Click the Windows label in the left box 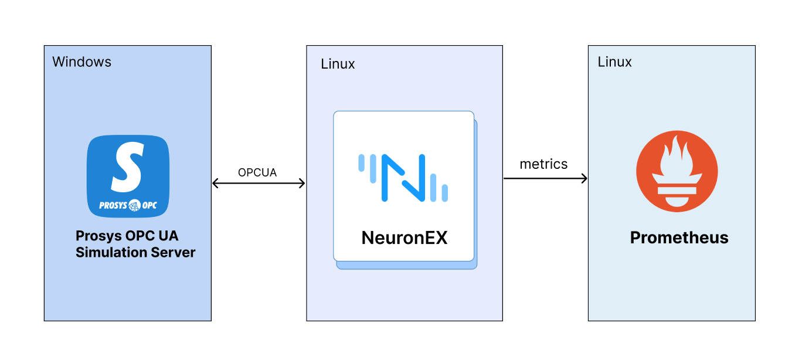click(x=81, y=62)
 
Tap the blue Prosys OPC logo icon click(x=128, y=176)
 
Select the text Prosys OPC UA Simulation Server click(x=135, y=244)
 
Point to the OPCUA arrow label click(x=257, y=173)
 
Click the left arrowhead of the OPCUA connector click(x=215, y=184)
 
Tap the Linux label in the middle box click(x=338, y=64)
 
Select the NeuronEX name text click(x=405, y=237)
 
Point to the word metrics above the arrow click(x=543, y=164)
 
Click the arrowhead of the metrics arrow click(x=584, y=178)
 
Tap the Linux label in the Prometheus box click(x=614, y=62)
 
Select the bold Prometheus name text click(x=679, y=237)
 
